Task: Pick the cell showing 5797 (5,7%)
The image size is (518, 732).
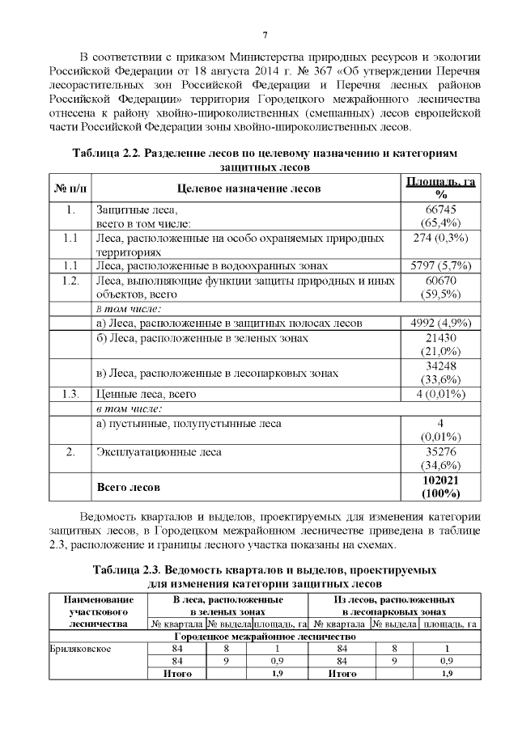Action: (x=440, y=265)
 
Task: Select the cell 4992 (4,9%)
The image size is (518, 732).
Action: (x=440, y=323)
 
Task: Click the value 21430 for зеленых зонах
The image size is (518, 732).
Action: (x=440, y=338)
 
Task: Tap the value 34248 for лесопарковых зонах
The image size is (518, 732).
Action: (x=440, y=366)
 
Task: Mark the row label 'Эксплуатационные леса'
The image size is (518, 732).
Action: (x=159, y=451)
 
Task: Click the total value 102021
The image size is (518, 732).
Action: (x=440, y=480)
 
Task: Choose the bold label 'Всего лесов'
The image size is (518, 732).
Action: (x=128, y=487)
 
